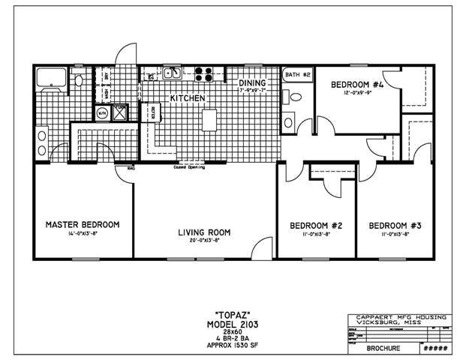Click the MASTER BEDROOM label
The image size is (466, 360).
tap(83, 224)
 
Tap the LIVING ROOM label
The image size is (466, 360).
tap(203, 232)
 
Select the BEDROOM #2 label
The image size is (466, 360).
tap(316, 225)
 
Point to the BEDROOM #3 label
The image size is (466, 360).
tap(394, 225)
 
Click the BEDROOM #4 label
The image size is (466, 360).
tap(358, 85)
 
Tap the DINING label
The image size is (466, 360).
tap(253, 83)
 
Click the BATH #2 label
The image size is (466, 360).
tap(297, 76)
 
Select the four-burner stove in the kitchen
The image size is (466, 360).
tap(204, 73)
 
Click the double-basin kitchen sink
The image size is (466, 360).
tap(171, 73)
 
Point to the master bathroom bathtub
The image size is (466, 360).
tap(52, 77)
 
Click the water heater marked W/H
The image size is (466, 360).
tap(102, 114)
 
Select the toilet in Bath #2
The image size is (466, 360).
tap(296, 95)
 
